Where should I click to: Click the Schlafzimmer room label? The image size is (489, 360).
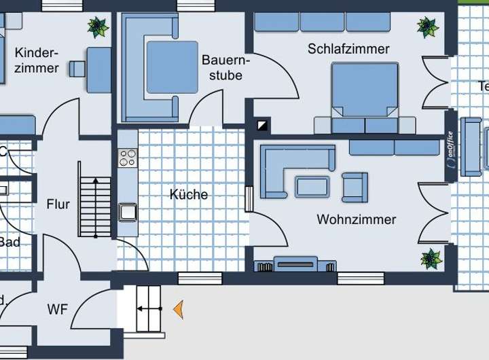[348, 49]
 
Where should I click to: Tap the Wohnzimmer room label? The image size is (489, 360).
[356, 219]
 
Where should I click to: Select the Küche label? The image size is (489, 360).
[189, 195]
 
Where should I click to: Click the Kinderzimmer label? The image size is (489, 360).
[37, 60]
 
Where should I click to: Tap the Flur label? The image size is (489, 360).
[58, 204]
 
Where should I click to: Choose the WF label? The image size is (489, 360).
[58, 310]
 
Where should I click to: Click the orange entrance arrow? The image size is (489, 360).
[178, 310]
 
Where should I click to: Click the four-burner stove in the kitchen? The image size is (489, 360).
[127, 158]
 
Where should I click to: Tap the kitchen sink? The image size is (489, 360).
[128, 212]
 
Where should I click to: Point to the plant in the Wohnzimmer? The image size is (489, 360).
[431, 258]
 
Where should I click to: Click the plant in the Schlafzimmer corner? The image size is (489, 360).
[428, 27]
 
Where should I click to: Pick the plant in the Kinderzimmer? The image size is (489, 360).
[98, 27]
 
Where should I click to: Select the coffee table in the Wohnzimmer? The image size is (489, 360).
[312, 186]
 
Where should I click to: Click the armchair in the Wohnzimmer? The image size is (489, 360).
[355, 187]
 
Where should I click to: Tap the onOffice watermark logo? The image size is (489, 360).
[450, 157]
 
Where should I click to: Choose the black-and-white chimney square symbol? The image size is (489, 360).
[262, 126]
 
